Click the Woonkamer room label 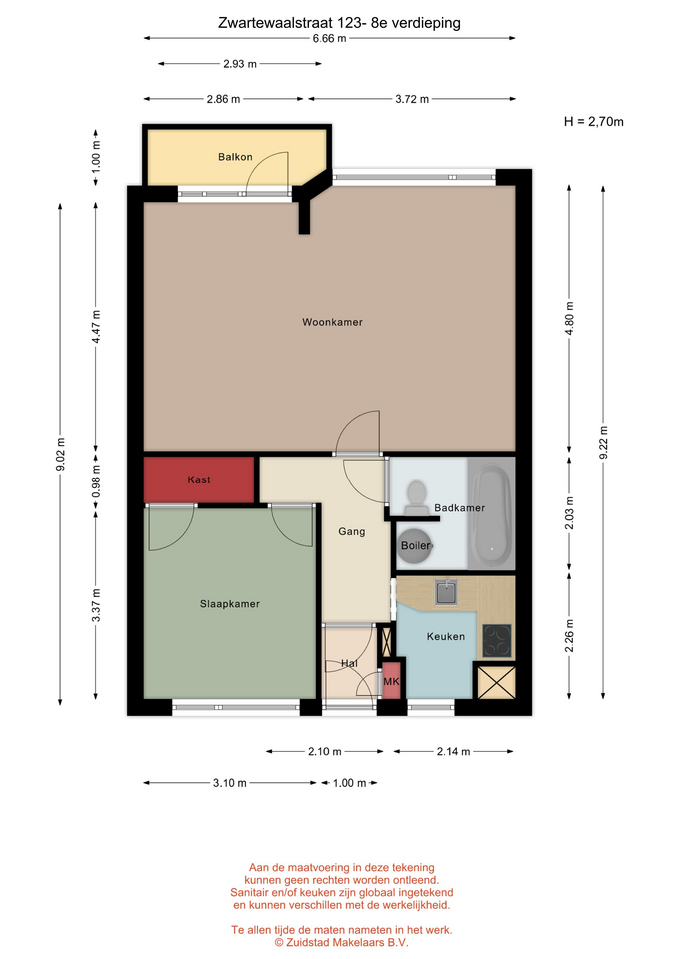[x=332, y=322]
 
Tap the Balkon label [x=235, y=157]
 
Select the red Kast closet [x=199, y=480]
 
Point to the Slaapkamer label [x=230, y=604]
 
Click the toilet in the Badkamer [x=416, y=497]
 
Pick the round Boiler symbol [x=415, y=545]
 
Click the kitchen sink [x=446, y=592]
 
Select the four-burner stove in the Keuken [x=497, y=641]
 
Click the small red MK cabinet [x=391, y=680]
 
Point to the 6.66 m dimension [x=329, y=39]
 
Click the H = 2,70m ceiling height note [x=593, y=122]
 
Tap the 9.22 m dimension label [x=603, y=443]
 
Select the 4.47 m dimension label [x=96, y=328]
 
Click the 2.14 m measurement [x=453, y=751]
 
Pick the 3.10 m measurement [x=230, y=783]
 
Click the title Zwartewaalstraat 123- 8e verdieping [x=339, y=23]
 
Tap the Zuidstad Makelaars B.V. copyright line [x=341, y=942]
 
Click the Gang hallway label [x=351, y=532]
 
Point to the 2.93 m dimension [x=239, y=64]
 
